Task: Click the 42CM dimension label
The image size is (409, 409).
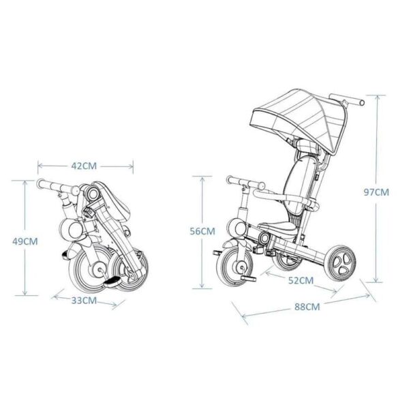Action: pyautogui.click(x=84, y=166)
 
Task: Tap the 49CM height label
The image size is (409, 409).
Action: pyautogui.click(x=25, y=241)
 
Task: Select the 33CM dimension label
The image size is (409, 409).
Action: pyautogui.click(x=84, y=301)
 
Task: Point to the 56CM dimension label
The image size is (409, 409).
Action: pyautogui.click(x=202, y=231)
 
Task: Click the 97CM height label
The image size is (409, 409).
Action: pyautogui.click(x=376, y=192)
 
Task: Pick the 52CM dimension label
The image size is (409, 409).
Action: pyautogui.click(x=301, y=280)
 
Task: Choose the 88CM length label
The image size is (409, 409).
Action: pyautogui.click(x=307, y=307)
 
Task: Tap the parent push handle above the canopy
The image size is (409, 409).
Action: pyautogui.click(x=347, y=100)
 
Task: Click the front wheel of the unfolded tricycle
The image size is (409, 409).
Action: pyautogui.click(x=234, y=267)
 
